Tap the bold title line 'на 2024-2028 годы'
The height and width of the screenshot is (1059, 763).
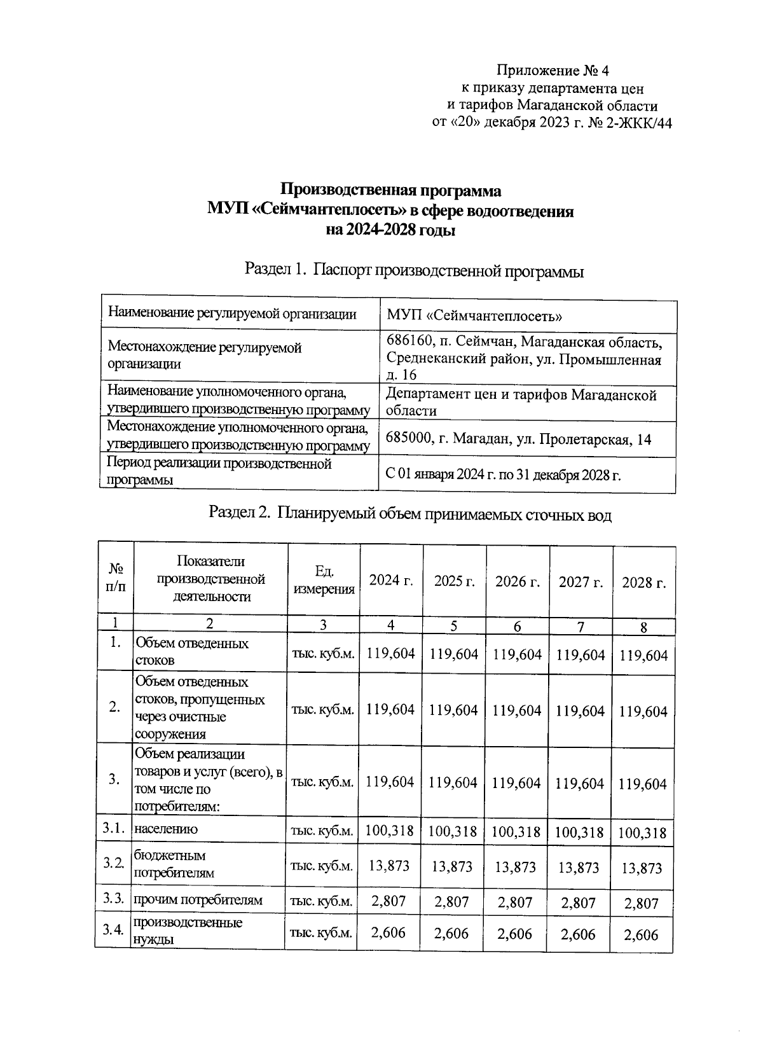390,230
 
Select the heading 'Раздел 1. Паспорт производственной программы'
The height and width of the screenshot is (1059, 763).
414,271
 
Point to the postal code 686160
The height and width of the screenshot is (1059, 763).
413,342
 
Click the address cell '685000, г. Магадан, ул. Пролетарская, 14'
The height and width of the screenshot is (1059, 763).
518,440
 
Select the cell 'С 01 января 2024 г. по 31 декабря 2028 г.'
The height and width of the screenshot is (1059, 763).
502,475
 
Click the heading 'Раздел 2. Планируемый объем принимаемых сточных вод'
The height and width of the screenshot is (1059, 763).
410,513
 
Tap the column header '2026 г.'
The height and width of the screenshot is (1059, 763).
518,581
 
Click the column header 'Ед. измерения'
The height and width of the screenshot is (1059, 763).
324,580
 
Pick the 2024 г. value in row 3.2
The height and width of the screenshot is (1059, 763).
389,866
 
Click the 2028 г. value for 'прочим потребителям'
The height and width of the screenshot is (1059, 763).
641,903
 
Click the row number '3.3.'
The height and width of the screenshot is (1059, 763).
113,899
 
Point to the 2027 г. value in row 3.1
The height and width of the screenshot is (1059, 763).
579,831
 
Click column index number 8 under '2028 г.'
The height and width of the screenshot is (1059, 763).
643,627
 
